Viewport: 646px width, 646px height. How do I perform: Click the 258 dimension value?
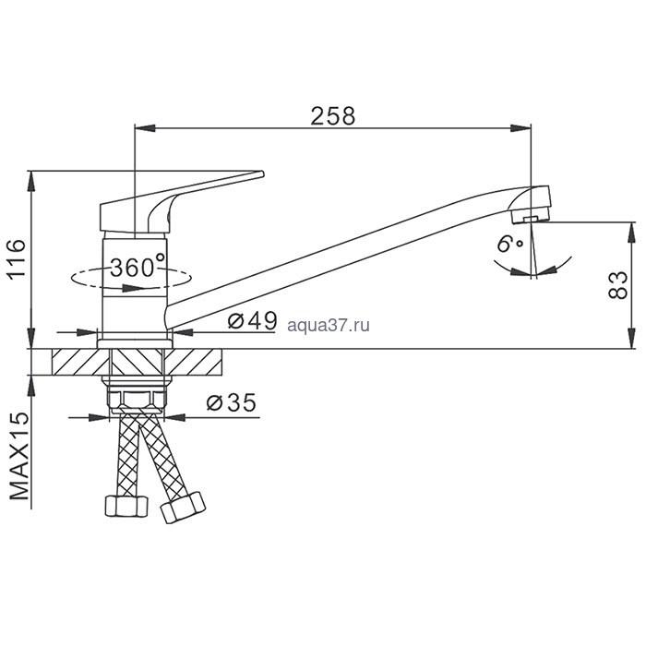click(x=333, y=115)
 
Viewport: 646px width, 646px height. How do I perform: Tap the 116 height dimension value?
click(x=18, y=258)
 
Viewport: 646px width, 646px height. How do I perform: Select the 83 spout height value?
click(x=617, y=285)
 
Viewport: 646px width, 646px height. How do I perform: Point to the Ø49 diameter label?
click(x=253, y=320)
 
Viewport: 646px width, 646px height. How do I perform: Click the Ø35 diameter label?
click(x=231, y=402)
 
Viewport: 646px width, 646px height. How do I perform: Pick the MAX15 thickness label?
click(x=19, y=455)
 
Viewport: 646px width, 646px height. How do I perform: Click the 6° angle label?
click(x=509, y=244)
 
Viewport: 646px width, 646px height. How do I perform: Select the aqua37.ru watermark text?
click(x=329, y=326)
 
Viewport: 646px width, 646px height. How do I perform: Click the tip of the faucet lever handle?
click(x=261, y=173)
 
